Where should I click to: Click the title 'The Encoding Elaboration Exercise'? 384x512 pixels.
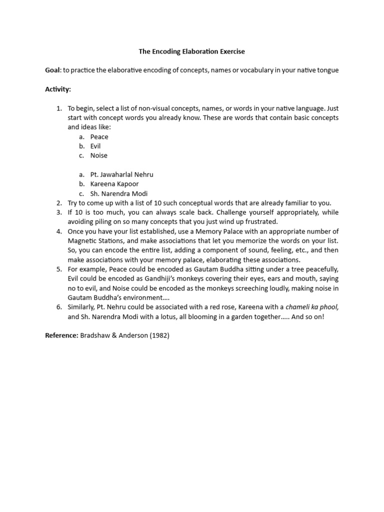coord(191,51)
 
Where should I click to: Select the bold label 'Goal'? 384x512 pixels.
coord(52,70)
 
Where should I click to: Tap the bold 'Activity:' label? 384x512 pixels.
coord(58,89)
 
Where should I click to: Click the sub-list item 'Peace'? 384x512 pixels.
coord(99,136)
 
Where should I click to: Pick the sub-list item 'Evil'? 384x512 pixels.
coord(95,146)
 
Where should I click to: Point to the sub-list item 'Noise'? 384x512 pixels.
coord(98,155)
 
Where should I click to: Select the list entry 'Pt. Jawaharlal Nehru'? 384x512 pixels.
coord(121,174)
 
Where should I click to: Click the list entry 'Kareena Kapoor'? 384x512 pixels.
coord(114,184)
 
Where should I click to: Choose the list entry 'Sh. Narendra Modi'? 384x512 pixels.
coord(118,193)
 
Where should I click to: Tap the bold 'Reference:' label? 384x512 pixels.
coord(61,335)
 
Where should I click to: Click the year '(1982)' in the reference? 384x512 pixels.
coord(158,335)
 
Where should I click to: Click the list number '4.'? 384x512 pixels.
coord(58,231)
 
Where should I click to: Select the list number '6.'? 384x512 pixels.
coord(58,307)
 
